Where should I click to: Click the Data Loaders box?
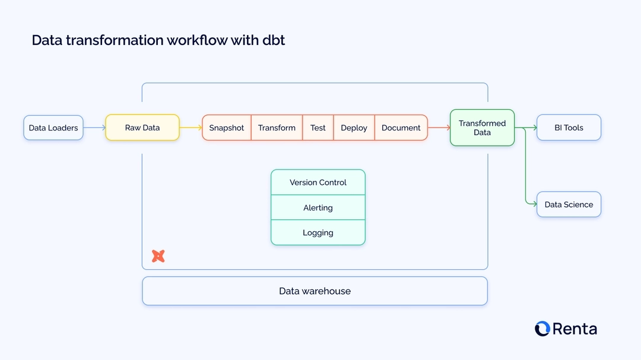[x=53, y=128]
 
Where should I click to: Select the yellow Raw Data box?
[x=142, y=128]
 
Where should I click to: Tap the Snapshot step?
[x=227, y=128]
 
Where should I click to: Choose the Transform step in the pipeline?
[x=277, y=128]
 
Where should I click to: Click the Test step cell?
[x=318, y=128]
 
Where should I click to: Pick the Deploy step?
[x=354, y=128]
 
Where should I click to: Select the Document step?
[x=401, y=128]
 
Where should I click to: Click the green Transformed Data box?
[x=482, y=128]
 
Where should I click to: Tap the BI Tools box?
[x=569, y=128]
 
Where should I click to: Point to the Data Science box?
[x=569, y=205]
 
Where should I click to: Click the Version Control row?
[x=318, y=183]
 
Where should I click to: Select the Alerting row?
[x=318, y=208]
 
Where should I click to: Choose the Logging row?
[x=318, y=233]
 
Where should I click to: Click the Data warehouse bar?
[x=315, y=291]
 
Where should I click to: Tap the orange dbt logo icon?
[x=158, y=256]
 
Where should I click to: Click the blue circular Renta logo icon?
[x=542, y=329]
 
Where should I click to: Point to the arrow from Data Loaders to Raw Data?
[x=94, y=128]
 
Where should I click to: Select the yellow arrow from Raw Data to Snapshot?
[x=191, y=128]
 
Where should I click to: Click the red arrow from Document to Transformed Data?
[x=439, y=128]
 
